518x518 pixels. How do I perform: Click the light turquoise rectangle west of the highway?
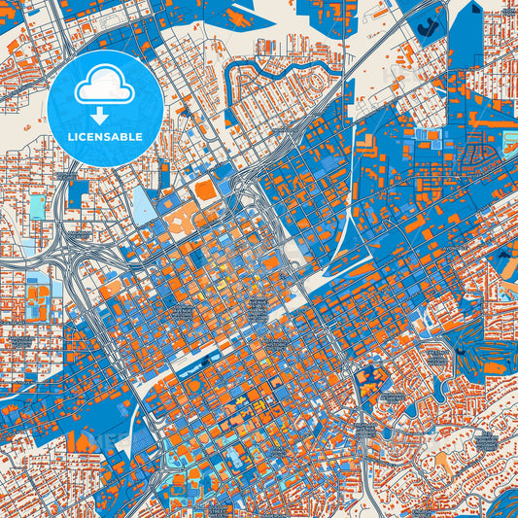(x=37, y=206)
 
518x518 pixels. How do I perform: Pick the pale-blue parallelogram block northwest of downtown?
(x=144, y=204)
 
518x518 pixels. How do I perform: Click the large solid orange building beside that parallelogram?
(x=206, y=190)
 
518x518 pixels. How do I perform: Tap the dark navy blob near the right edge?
(x=505, y=259)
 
